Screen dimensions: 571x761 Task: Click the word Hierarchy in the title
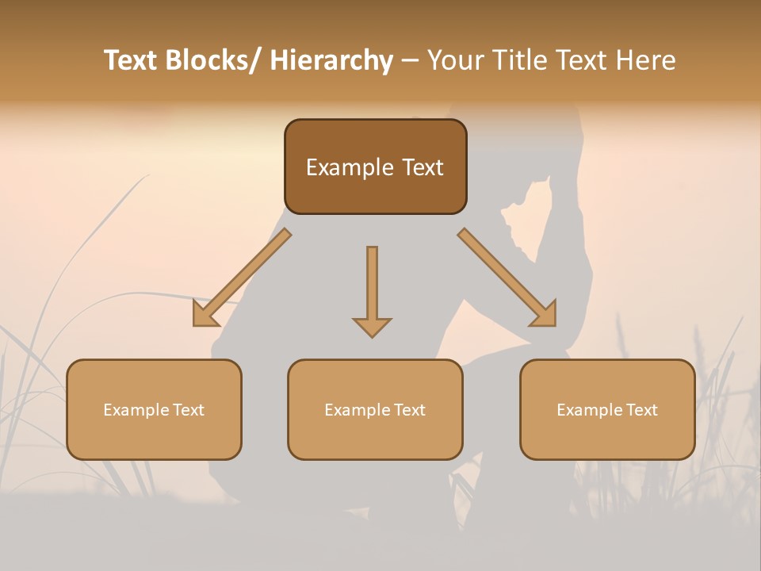(331, 60)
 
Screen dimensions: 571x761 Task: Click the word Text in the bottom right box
(642, 410)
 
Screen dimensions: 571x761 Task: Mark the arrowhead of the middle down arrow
(372, 327)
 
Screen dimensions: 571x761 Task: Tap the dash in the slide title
(410, 61)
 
